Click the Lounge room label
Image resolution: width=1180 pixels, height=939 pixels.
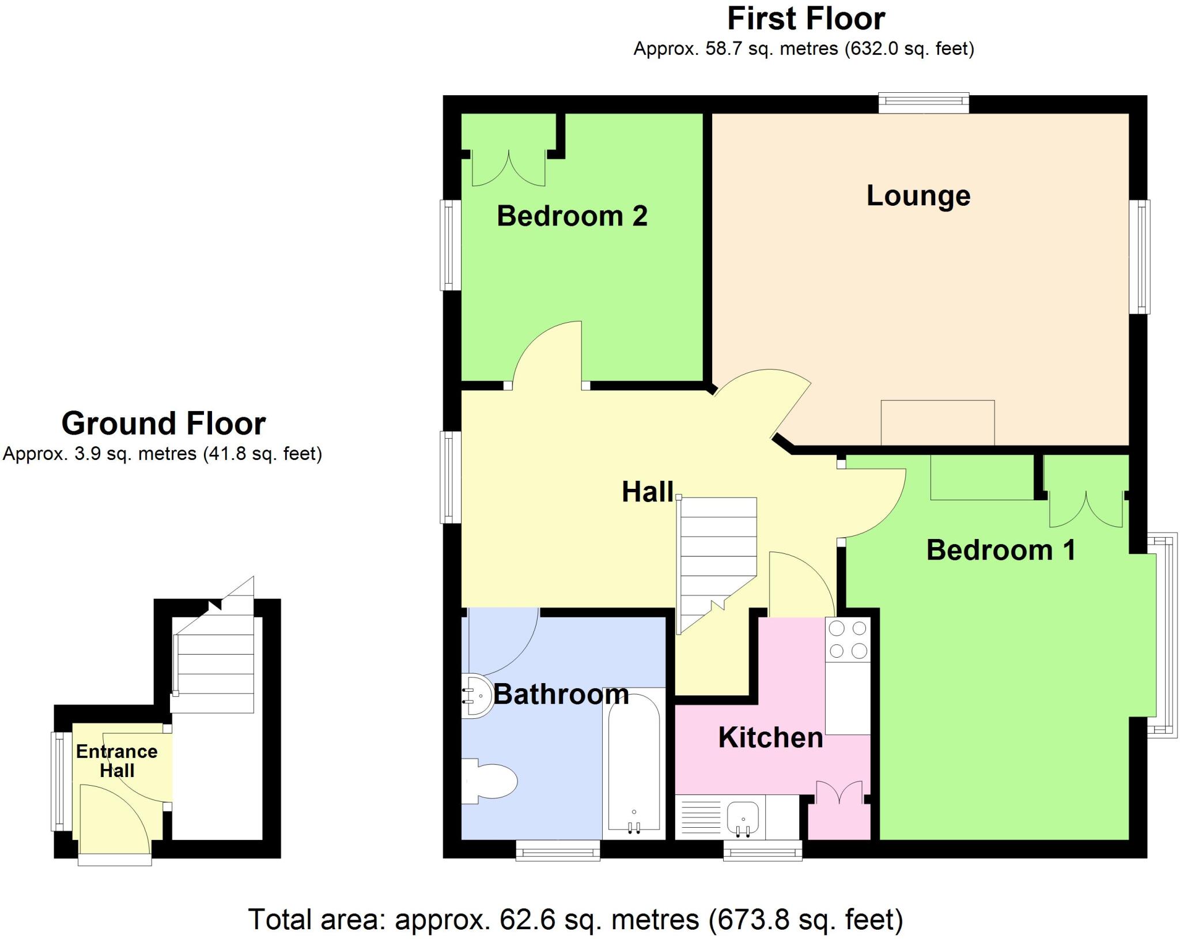coord(918,196)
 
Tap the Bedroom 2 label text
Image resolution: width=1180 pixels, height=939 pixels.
coord(572,216)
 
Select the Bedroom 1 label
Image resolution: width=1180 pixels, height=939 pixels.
coord(1001,550)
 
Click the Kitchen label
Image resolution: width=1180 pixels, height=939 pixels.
coord(770,738)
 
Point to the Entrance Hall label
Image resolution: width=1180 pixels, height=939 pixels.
coord(117,761)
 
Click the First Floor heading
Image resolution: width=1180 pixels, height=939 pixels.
coord(805,19)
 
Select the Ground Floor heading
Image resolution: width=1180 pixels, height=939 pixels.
coord(164,424)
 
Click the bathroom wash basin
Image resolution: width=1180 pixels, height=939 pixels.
coord(476,696)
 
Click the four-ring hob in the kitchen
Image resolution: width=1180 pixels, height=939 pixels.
coord(848,639)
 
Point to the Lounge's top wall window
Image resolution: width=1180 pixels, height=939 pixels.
coord(924,103)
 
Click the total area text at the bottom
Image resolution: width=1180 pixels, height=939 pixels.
coord(575,919)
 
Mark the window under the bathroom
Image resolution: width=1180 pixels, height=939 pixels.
coord(558,850)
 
